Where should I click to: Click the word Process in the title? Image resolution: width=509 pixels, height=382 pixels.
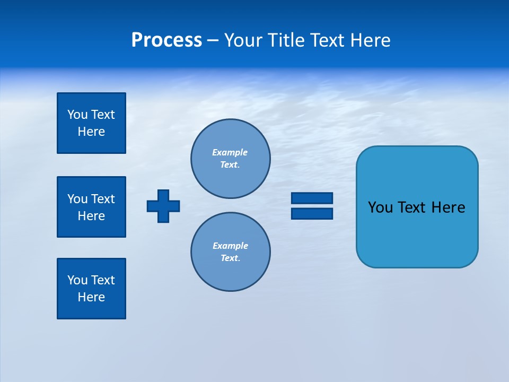click(166, 40)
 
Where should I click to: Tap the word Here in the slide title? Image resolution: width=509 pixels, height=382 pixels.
click(370, 40)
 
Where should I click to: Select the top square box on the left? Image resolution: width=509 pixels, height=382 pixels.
click(91, 123)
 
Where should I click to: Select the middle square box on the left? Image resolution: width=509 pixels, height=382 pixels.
click(91, 207)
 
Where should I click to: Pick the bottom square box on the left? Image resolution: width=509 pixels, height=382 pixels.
click(91, 289)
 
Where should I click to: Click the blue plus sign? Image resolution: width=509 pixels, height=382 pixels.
click(163, 206)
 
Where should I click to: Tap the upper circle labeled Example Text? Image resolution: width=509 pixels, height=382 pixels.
click(231, 159)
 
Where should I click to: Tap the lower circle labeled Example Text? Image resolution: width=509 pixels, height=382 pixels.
click(231, 252)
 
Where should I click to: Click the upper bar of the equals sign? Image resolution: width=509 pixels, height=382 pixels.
click(312, 198)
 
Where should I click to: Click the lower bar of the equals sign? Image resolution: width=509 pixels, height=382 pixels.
click(312, 213)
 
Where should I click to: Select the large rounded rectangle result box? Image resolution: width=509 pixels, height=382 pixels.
click(417, 233)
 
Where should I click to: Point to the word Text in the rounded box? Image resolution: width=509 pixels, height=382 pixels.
click(412, 207)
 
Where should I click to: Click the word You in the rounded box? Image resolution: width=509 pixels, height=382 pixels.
click(380, 207)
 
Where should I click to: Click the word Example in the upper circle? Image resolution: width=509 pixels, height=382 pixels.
click(230, 152)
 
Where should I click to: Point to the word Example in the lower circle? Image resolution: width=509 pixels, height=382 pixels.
click(230, 246)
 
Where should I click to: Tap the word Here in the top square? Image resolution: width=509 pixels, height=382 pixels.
click(91, 132)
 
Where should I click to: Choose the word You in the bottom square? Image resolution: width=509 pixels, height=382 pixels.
click(77, 280)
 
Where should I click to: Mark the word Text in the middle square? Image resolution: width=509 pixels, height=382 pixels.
click(103, 199)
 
